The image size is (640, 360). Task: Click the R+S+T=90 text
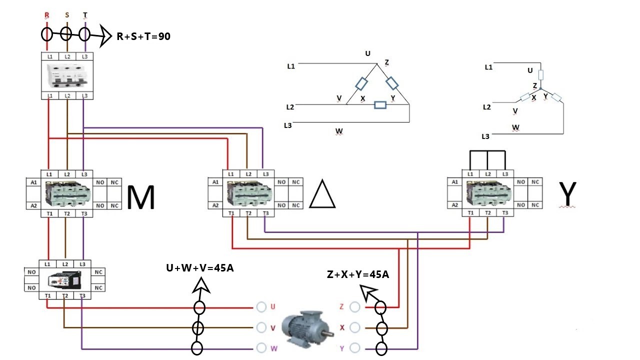pyautogui.click(x=143, y=36)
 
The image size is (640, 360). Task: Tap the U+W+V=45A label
pyautogui.click(x=200, y=268)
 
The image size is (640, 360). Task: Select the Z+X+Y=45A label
pyautogui.click(x=358, y=274)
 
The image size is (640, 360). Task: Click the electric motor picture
pyautogui.click(x=307, y=328)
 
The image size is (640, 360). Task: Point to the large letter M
pyautogui.click(x=140, y=197)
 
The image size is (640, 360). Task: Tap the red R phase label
pyautogui.click(x=47, y=15)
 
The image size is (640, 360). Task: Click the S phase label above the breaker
pyautogui.click(x=67, y=15)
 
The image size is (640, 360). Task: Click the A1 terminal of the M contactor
pyautogui.click(x=33, y=182)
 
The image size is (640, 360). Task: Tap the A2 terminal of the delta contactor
pyautogui.click(x=215, y=205)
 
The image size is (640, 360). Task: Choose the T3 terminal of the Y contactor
pyautogui.click(x=505, y=213)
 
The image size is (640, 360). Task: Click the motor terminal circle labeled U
pyautogui.click(x=261, y=307)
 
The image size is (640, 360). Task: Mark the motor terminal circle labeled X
pyautogui.click(x=355, y=327)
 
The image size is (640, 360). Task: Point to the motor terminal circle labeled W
pyautogui.click(x=261, y=348)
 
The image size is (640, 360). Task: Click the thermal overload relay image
pyautogui.click(x=65, y=279)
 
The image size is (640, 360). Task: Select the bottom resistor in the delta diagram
pyautogui.click(x=380, y=105)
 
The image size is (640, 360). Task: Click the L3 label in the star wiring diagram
pyautogui.click(x=485, y=136)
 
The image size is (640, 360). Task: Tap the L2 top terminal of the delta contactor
pyautogui.click(x=248, y=174)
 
